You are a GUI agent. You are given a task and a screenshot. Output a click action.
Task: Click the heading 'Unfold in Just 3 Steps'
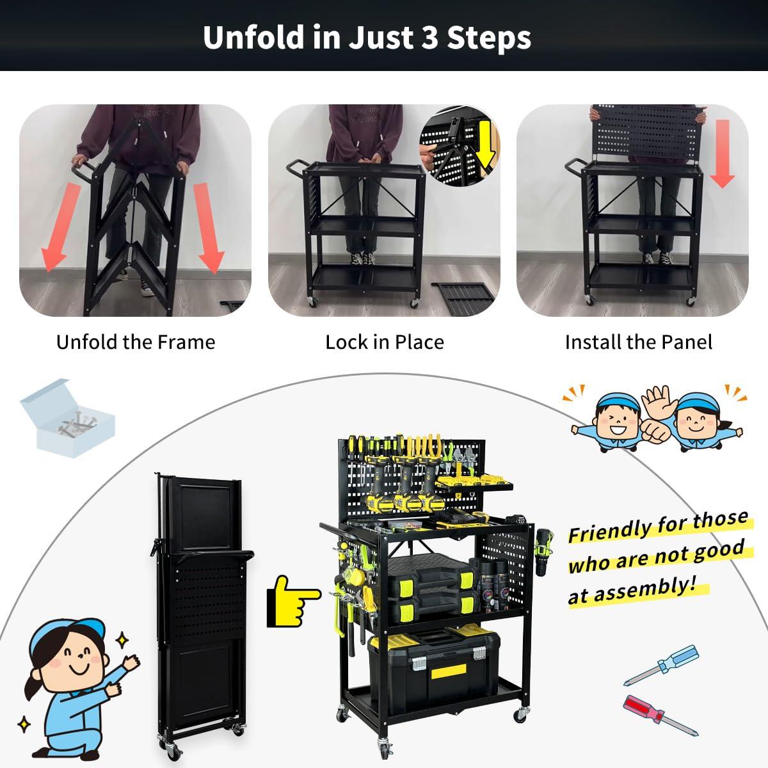[367, 37]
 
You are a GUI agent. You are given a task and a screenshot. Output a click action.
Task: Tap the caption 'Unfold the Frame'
[136, 342]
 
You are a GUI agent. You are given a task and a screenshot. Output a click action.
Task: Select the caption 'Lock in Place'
[384, 342]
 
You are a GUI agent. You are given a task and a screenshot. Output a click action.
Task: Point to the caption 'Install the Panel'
[638, 342]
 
